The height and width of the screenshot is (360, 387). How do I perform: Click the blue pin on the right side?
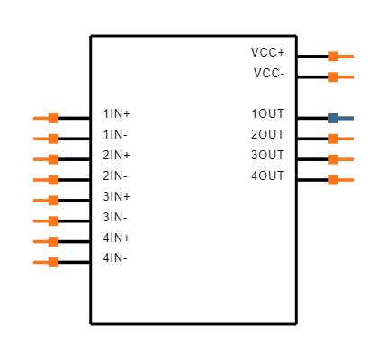pos(340,118)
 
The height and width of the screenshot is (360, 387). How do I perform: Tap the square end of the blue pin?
pos(333,118)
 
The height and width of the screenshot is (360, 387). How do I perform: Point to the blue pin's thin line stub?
pos(346,118)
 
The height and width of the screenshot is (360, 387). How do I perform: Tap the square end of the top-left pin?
pos(54,118)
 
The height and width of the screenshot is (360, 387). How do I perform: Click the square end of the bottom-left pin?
pos(54,262)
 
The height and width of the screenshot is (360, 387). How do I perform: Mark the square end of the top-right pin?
pos(333,57)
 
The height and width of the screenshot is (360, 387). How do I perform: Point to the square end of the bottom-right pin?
pos(333,180)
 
